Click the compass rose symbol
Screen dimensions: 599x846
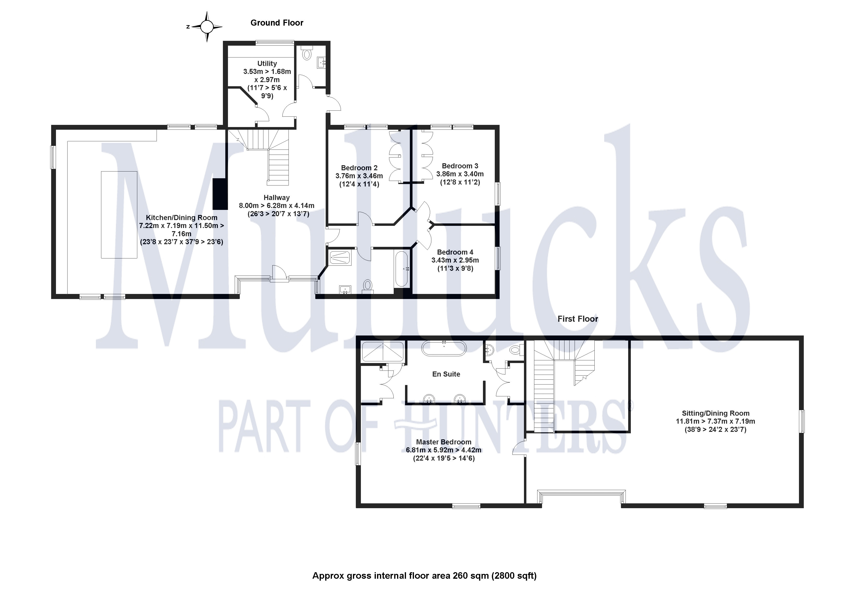tap(207, 27)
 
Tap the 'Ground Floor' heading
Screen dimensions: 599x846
tap(277, 23)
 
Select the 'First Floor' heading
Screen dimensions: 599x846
tap(577, 319)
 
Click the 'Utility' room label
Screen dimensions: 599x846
tap(267, 64)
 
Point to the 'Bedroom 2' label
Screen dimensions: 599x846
tap(359, 168)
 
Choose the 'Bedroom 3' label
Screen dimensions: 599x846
tap(460, 166)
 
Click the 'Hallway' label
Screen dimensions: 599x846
tap(276, 198)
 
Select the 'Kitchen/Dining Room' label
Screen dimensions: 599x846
tap(181, 218)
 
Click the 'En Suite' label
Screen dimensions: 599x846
tap(446, 374)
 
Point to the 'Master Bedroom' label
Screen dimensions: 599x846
tap(443, 442)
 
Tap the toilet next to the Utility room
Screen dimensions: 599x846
tap(306, 54)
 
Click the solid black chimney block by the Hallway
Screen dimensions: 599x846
tap(220, 194)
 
